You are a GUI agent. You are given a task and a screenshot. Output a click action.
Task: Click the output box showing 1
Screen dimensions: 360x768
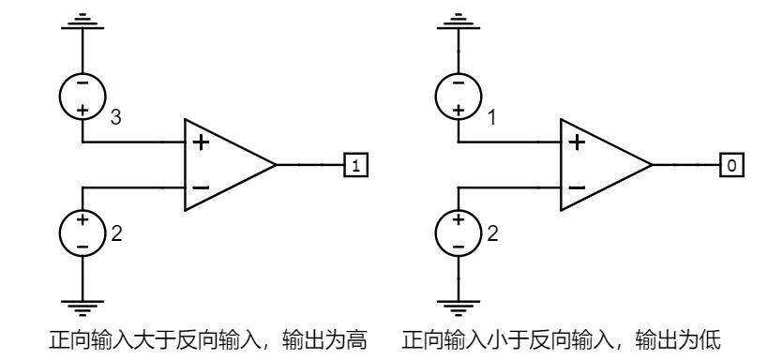coord(354,166)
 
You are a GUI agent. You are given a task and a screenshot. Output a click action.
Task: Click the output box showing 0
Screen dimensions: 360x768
coord(730,166)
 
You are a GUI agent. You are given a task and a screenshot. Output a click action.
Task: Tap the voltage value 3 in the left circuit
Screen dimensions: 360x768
coord(115,117)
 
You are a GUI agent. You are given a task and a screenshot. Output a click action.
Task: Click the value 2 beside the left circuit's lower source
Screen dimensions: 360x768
coord(115,233)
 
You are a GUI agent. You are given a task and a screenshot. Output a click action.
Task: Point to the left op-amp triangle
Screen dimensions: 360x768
coord(225,165)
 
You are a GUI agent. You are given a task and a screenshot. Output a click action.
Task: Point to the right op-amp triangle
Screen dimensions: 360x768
coord(600,165)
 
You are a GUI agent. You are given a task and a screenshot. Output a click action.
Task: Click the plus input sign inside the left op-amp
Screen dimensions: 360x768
coord(200,143)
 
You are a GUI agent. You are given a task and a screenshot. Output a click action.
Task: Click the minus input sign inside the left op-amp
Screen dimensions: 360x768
coord(200,187)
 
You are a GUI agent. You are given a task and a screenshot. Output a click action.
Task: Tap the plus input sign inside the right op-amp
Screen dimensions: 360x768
coord(575,143)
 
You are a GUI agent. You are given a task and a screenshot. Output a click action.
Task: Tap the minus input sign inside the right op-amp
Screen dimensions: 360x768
coord(575,187)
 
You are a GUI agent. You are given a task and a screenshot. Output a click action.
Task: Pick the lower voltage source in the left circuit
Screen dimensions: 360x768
coord(83,232)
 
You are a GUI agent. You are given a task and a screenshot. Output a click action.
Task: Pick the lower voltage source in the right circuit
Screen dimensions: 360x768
coord(458,232)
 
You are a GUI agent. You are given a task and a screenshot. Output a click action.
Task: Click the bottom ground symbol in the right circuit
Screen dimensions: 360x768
coord(458,305)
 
